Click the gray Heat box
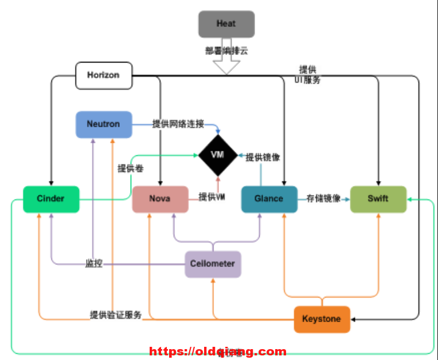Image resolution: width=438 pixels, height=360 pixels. (226, 24)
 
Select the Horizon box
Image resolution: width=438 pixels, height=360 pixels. (104, 75)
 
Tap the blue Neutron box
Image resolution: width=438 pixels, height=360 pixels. (104, 124)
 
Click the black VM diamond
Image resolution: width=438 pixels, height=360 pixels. (217, 155)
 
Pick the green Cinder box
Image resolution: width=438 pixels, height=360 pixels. (51, 199)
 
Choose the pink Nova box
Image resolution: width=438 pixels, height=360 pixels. (160, 199)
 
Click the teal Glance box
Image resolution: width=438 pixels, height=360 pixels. (269, 199)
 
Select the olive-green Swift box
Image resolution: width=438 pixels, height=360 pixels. (378, 199)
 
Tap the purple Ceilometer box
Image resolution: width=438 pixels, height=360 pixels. (213, 264)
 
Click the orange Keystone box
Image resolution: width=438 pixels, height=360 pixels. (322, 319)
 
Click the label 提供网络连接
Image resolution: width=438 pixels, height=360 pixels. (178, 124)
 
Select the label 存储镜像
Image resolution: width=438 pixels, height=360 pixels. (324, 199)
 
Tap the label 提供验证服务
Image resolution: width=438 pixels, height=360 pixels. (115, 315)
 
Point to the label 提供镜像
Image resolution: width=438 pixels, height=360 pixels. (263, 157)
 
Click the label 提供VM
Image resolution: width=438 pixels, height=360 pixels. (212, 197)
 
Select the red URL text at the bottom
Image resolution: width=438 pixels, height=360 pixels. (218, 351)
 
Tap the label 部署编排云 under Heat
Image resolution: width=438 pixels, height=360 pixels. (226, 50)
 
